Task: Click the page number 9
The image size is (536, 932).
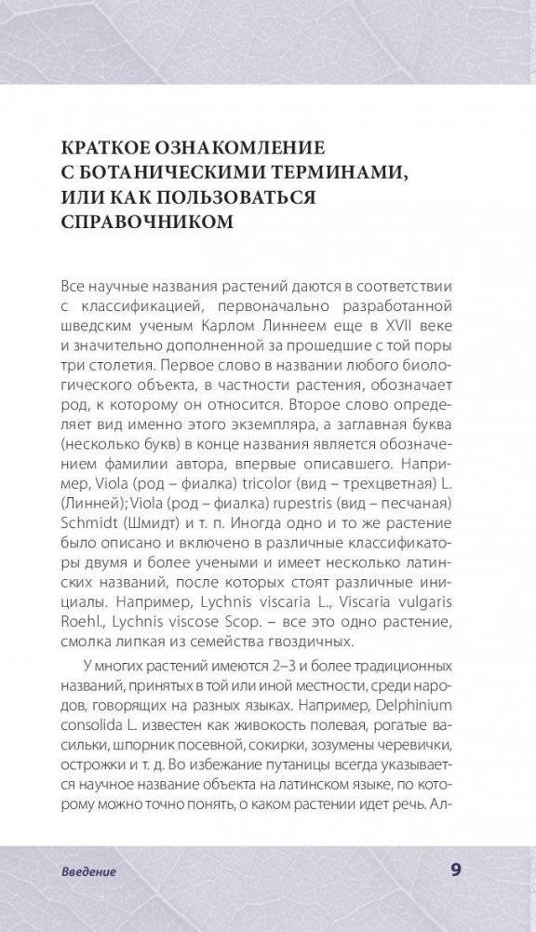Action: [456, 870]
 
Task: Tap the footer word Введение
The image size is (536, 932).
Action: [89, 872]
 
